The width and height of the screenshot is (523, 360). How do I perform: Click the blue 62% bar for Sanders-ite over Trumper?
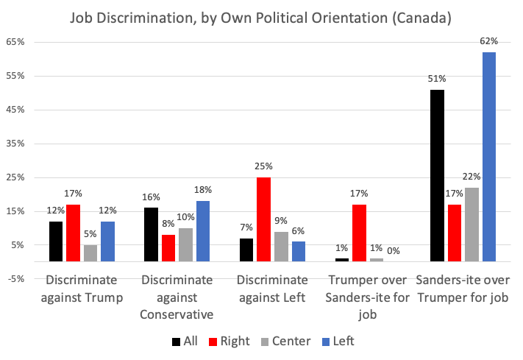pyautogui.click(x=489, y=156)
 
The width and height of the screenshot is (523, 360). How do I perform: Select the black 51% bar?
pyautogui.click(x=437, y=175)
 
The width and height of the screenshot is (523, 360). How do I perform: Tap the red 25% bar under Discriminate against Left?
pyautogui.click(x=264, y=219)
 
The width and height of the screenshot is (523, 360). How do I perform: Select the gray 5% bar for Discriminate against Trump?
pyautogui.click(x=90, y=253)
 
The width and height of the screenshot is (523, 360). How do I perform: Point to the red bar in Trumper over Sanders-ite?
pyautogui.click(x=359, y=233)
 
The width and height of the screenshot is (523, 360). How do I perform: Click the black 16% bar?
pyautogui.click(x=152, y=234)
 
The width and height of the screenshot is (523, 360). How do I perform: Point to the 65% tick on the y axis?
pyautogui.click(x=16, y=42)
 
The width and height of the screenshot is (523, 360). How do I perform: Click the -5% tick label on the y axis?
pyautogui.click(x=16, y=279)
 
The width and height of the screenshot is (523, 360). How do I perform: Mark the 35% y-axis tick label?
pyautogui.click(x=16, y=144)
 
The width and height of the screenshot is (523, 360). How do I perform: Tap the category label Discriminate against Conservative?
pyautogui.click(x=177, y=297)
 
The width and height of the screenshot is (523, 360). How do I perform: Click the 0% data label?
pyautogui.click(x=394, y=250)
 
